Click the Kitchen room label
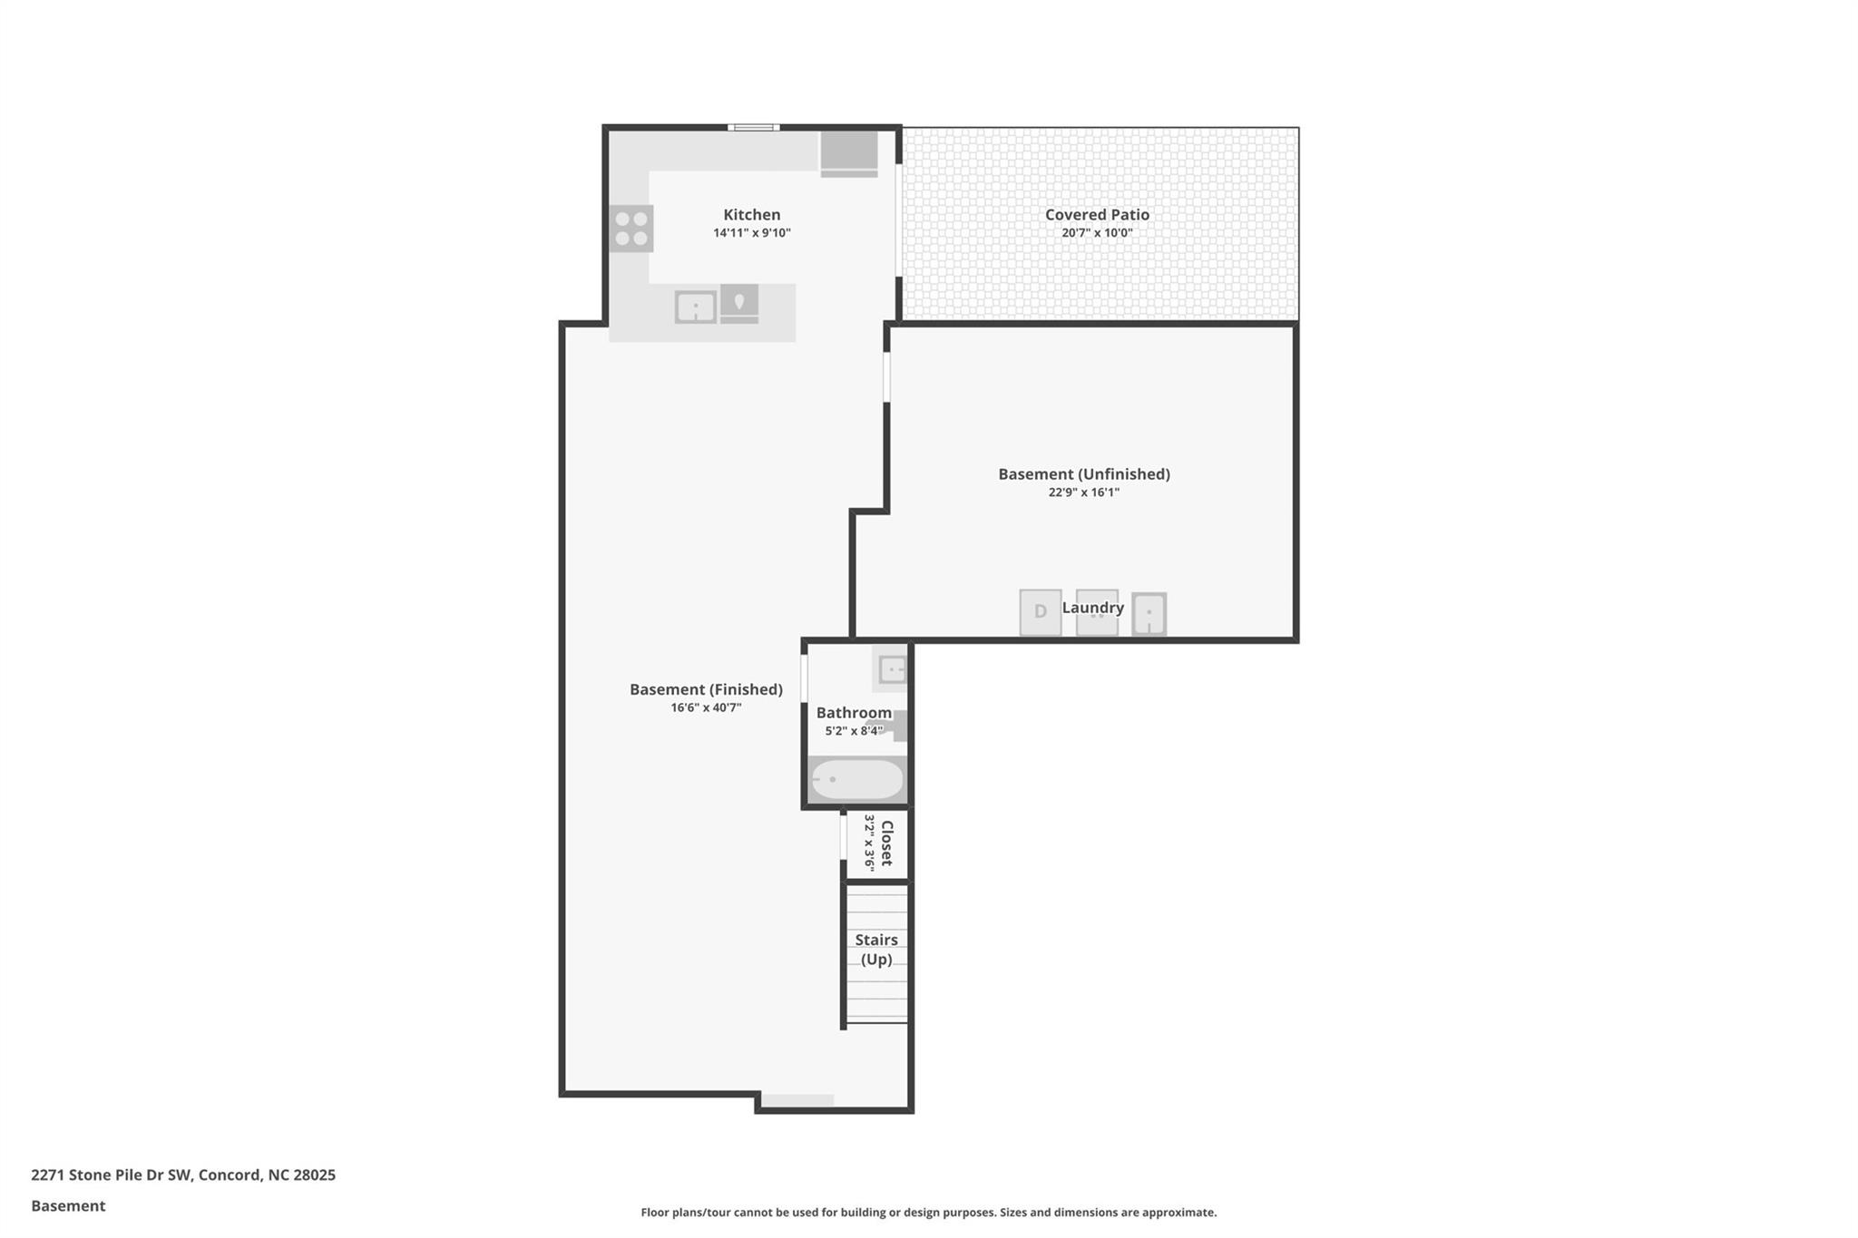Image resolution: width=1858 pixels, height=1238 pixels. [x=751, y=215]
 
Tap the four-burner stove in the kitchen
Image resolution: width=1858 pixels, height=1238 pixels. [x=631, y=229]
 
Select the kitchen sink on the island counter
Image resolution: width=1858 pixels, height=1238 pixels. [x=695, y=307]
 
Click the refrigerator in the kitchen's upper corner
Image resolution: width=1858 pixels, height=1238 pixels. [x=849, y=152]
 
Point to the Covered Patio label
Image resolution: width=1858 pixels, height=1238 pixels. [x=1097, y=215]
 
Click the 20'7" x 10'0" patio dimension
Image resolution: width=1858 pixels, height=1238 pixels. [x=1097, y=233]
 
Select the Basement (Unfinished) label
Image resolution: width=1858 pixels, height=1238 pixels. [x=1083, y=474]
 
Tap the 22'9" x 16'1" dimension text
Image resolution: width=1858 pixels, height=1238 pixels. [x=1083, y=492]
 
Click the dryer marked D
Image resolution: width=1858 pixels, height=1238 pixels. [x=1040, y=612]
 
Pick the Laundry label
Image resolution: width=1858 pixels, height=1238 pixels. [x=1092, y=608]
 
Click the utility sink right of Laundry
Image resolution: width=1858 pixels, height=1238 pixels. [x=1149, y=614]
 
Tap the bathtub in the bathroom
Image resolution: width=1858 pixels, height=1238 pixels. [x=856, y=780]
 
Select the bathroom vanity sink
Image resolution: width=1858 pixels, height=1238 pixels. [x=892, y=670]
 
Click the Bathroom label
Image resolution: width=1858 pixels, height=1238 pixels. [x=853, y=713]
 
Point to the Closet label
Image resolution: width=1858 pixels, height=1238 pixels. [x=887, y=843]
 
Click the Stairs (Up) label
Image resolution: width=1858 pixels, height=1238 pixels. [x=875, y=950]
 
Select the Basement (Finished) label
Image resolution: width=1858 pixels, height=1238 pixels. [x=706, y=689]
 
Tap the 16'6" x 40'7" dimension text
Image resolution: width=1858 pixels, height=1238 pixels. [x=706, y=707]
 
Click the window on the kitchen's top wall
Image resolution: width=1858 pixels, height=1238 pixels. [x=753, y=128]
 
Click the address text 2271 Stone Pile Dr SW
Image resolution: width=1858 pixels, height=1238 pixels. [x=111, y=1175]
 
